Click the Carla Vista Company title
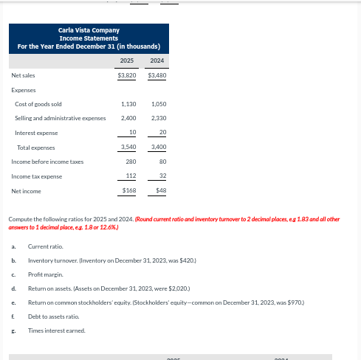[89, 30]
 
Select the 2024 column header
[157, 60]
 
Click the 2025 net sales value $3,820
[127, 75]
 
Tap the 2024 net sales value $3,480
[157, 75]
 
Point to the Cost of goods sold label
[38, 104]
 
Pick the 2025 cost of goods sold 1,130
[128, 104]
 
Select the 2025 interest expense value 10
[132, 133]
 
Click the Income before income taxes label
[47, 162]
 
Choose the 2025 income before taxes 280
[131, 162]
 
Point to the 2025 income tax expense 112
[131, 176]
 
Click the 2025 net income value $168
[129, 191]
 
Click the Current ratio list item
[45, 246]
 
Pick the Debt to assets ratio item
[53, 316]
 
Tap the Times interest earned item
[57, 330]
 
